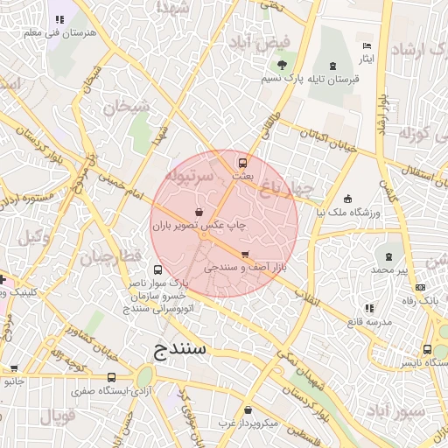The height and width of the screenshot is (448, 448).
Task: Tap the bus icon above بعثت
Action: point(242,162)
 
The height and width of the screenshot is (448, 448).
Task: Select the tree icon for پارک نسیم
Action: point(281,66)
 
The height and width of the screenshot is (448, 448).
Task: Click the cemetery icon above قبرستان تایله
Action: point(332,66)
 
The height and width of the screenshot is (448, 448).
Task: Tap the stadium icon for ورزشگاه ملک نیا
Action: point(348,198)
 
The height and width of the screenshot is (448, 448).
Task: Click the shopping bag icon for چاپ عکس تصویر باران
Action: point(199,212)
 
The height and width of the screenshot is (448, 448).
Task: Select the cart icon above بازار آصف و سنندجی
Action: point(244,254)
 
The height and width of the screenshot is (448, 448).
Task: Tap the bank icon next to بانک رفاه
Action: point(420,287)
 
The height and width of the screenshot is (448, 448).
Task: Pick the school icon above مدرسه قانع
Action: point(368,308)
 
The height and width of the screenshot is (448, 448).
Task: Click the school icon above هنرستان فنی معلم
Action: point(59,19)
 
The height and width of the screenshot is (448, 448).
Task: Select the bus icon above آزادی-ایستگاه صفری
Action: point(110,377)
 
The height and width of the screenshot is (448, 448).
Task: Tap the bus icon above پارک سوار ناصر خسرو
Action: point(157,269)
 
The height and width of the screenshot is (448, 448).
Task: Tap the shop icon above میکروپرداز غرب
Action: point(249,409)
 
